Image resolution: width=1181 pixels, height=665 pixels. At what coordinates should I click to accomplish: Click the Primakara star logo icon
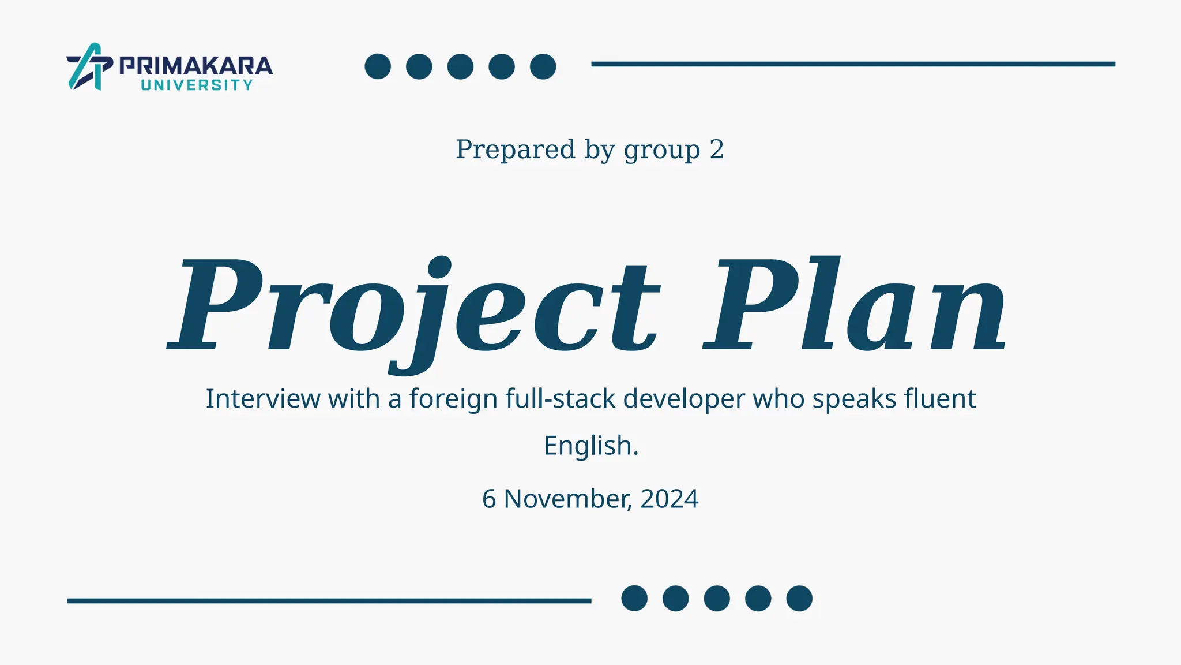[89, 66]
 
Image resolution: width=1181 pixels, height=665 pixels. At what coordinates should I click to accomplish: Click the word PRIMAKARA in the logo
[196, 66]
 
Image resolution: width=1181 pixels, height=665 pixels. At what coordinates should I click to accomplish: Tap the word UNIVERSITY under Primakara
[197, 85]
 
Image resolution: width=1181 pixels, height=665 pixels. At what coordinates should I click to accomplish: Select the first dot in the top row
[378, 66]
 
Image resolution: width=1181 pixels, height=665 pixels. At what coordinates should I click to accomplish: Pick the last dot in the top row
[543, 66]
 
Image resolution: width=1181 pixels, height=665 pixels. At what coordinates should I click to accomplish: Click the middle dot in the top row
[460, 66]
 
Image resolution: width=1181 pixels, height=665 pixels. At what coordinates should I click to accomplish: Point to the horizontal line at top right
[853, 64]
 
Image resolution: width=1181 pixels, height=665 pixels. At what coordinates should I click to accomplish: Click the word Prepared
[515, 150]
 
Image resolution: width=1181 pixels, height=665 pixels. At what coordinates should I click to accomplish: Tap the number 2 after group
[716, 150]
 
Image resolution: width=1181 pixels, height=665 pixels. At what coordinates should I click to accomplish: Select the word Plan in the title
[855, 306]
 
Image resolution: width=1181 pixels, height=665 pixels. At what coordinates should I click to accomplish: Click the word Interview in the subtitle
[263, 399]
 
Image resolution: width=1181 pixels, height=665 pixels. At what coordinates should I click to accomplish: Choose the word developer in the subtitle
[684, 399]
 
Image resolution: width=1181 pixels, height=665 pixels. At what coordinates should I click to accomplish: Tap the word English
[591, 446]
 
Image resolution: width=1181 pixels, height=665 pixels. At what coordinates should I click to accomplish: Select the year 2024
[669, 499]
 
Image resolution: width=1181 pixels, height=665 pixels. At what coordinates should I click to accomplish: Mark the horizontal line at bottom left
[329, 601]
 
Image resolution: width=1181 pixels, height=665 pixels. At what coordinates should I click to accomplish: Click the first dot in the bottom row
[634, 598]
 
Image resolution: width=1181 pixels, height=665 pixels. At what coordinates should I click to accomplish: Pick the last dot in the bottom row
[799, 598]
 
